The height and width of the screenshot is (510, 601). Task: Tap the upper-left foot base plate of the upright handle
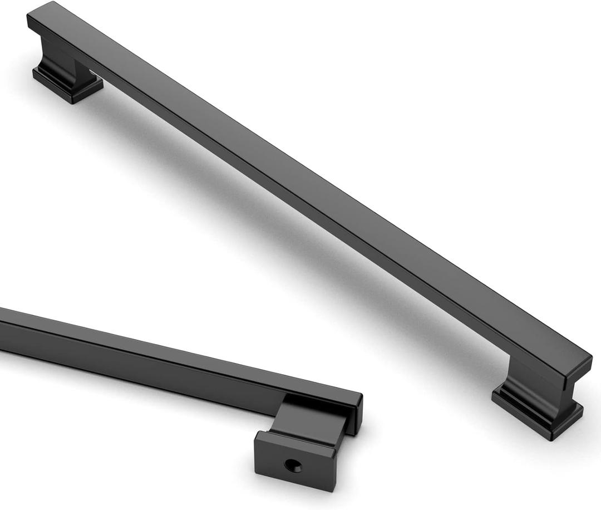tap(67, 86)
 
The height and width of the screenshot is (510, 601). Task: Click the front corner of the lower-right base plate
tap(548, 437)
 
